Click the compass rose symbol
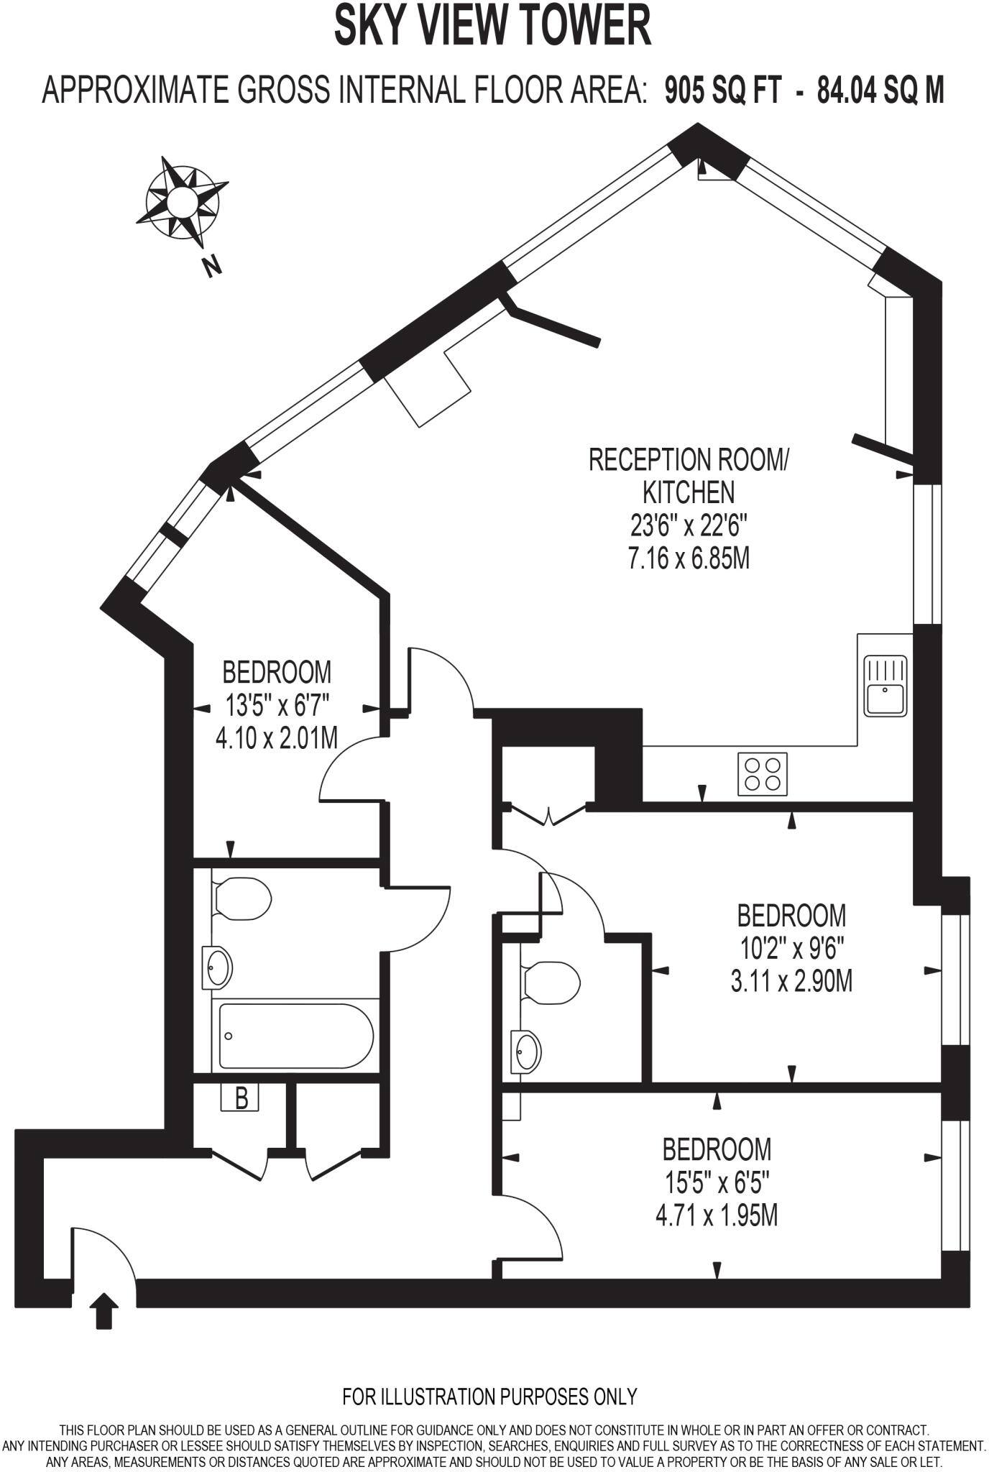point(183,199)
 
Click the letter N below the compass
point(211,267)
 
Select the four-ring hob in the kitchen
point(762,774)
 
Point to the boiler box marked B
point(241,1098)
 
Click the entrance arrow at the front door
point(104,1310)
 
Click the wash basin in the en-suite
point(526,1051)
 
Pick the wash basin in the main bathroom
point(218,967)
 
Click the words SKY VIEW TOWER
point(492,26)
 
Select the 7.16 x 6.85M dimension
point(689,558)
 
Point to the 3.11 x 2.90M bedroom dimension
point(791,980)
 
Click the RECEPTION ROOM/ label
point(689,459)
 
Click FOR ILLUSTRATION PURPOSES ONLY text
point(489,1396)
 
